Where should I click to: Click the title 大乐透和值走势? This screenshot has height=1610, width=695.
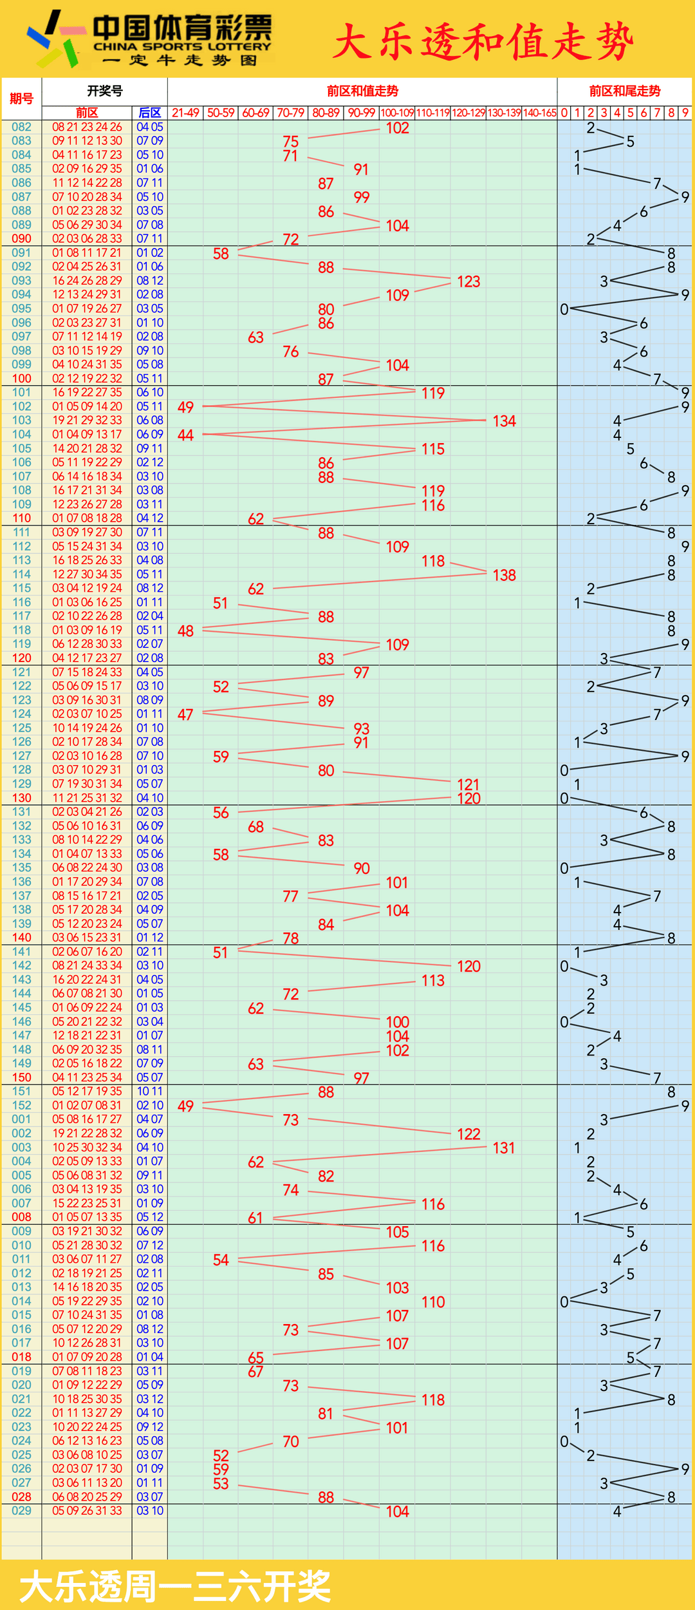click(x=483, y=42)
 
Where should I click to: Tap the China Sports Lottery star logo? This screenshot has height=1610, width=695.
click(x=55, y=39)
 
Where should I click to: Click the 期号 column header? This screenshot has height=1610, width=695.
click(x=21, y=99)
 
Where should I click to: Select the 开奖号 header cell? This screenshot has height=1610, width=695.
click(x=104, y=91)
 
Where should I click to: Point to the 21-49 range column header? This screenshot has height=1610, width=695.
click(x=185, y=113)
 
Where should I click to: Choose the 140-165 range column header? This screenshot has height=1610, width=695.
click(x=539, y=113)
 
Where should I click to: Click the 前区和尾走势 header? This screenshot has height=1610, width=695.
click(x=624, y=91)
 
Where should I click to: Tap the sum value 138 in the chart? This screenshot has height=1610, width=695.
click(x=504, y=575)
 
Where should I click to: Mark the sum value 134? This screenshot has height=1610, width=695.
click(x=504, y=421)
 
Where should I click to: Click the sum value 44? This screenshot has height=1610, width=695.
click(x=185, y=435)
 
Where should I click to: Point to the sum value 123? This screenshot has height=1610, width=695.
click(x=468, y=281)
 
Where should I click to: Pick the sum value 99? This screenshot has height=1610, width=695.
click(x=361, y=197)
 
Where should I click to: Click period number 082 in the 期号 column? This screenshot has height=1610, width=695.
click(x=21, y=127)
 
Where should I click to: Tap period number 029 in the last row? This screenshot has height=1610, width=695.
click(x=21, y=1511)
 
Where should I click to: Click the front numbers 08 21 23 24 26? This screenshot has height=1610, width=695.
click(x=87, y=127)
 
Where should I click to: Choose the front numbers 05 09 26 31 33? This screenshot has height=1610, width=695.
click(x=87, y=1511)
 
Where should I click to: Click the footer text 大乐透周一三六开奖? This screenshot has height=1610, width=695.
click(x=175, y=1586)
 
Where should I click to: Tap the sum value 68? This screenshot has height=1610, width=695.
click(x=255, y=827)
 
